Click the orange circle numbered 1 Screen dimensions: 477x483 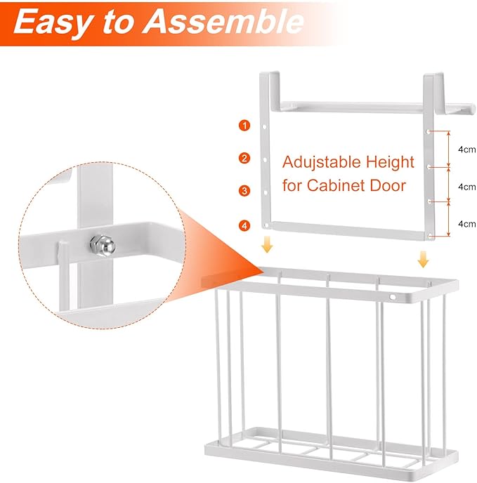[x=244, y=126]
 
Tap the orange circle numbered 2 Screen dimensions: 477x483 [x=244, y=158]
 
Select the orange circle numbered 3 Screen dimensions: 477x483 [x=244, y=191]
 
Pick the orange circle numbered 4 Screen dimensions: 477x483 [x=244, y=225]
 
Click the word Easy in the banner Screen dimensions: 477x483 [x=53, y=23]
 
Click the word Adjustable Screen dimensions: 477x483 [x=322, y=162]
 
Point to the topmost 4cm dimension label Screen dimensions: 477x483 [x=467, y=150]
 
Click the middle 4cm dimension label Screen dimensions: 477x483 [x=467, y=187]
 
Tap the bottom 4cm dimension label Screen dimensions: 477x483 [x=467, y=224]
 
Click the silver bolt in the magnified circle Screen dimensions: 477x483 [x=103, y=245]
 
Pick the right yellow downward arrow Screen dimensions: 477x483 [x=423, y=259]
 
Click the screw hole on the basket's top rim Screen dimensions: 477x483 [x=393, y=297]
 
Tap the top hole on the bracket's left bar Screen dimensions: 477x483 [x=264, y=126]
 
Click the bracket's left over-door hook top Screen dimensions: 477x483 [x=270, y=73]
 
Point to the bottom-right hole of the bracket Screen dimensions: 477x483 [x=430, y=237]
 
